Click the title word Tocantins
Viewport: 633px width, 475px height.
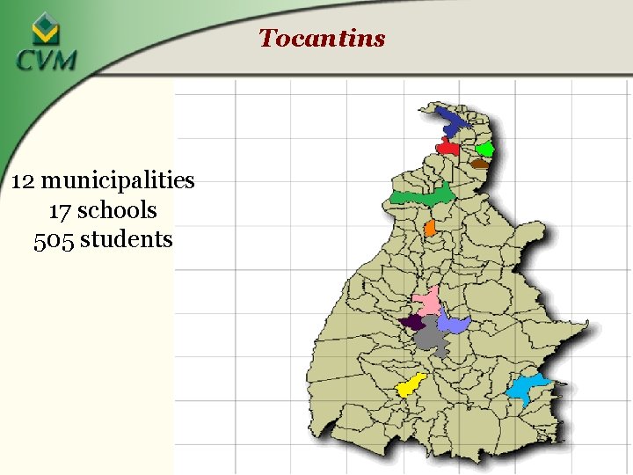tap(322, 38)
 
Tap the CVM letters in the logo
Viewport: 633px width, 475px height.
tap(46, 61)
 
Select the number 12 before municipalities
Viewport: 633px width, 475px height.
tap(24, 181)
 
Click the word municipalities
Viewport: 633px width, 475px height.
tap(118, 181)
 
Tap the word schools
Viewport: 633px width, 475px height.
tap(117, 210)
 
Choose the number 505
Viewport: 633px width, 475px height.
tap(54, 239)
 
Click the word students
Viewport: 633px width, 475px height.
tap(127, 239)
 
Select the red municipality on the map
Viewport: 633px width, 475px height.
tap(447, 148)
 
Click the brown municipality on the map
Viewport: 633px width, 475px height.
tap(479, 163)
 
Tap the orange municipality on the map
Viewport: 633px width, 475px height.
tap(430, 228)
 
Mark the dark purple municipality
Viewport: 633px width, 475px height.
tap(413, 322)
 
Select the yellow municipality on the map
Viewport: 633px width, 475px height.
tap(411, 384)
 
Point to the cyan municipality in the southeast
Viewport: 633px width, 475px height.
tap(527, 387)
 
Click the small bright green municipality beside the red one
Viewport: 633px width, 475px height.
tap(484, 149)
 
